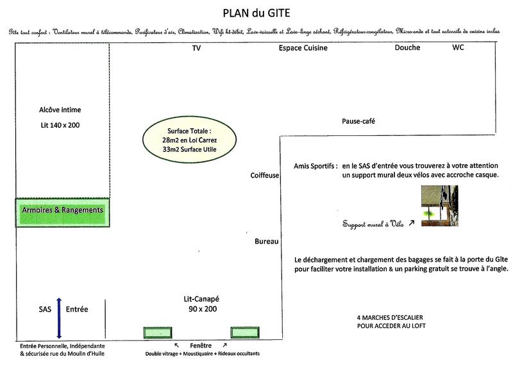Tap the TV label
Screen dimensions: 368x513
[x=196, y=48]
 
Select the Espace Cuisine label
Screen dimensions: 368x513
[x=303, y=48]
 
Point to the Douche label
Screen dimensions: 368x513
[x=407, y=48]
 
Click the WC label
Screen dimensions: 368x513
[x=458, y=48]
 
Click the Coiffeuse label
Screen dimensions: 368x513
[x=264, y=175]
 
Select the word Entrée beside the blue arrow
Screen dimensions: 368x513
[x=77, y=309]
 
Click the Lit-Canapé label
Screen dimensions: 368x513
[x=201, y=299]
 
